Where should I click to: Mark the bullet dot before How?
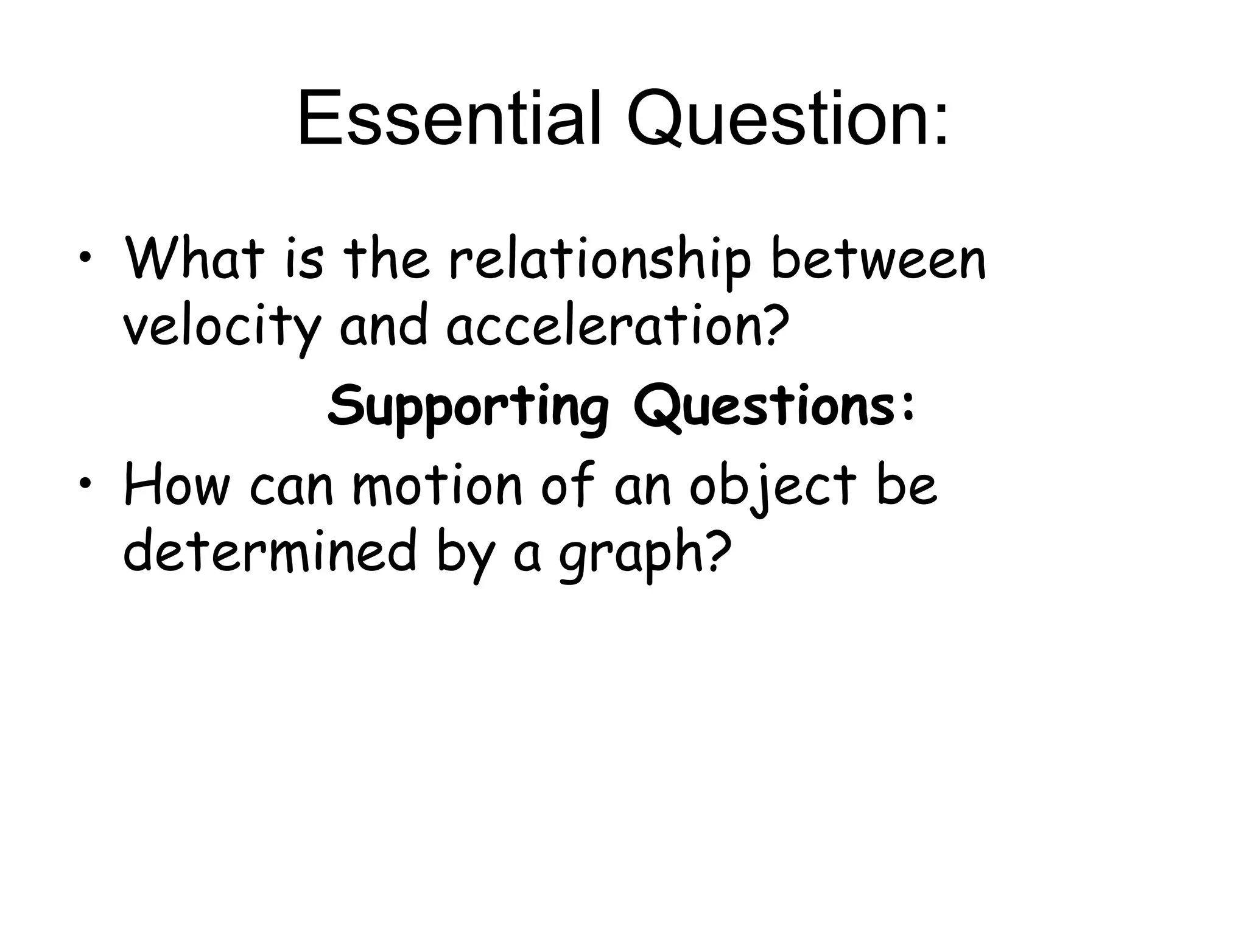click(87, 483)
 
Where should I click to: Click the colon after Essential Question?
click(940, 128)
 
